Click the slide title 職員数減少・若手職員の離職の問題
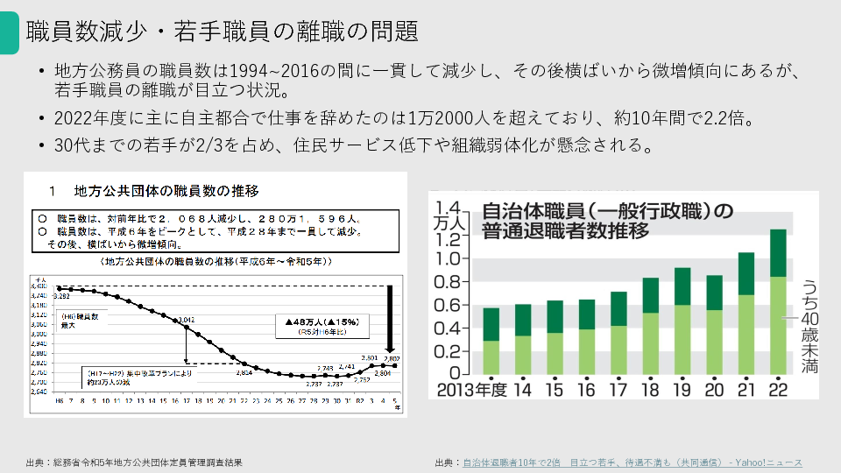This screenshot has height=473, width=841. (222, 32)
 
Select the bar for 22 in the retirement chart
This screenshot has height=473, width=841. (778, 302)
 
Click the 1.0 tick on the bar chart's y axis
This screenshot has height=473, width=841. (448, 259)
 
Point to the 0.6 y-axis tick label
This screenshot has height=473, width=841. (448, 305)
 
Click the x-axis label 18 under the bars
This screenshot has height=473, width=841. (650, 389)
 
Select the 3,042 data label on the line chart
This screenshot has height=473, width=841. (186, 320)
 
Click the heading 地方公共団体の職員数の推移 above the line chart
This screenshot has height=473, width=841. (166, 189)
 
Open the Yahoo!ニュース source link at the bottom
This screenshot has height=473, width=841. (632, 462)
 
